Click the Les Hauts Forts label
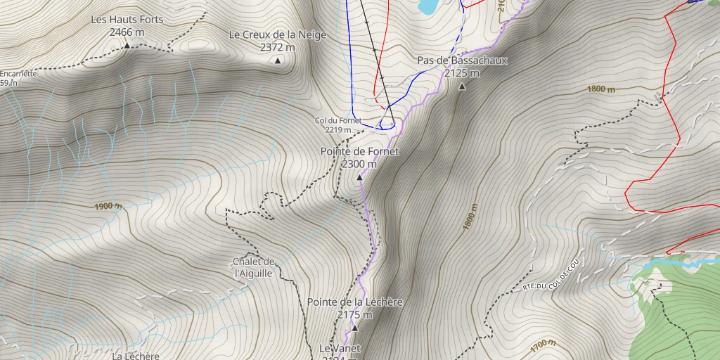(127, 20)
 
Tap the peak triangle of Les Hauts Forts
(127, 46)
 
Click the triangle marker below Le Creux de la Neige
(278, 60)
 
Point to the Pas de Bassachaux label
(462, 60)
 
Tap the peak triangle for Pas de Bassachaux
(462, 87)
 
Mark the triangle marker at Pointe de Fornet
(360, 178)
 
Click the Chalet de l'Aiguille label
(252, 267)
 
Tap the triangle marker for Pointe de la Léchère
(354, 328)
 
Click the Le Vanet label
(340, 348)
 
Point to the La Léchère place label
(136, 355)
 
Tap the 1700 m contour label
(543, 344)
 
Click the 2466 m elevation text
(127, 32)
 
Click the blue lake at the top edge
(427, 6)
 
